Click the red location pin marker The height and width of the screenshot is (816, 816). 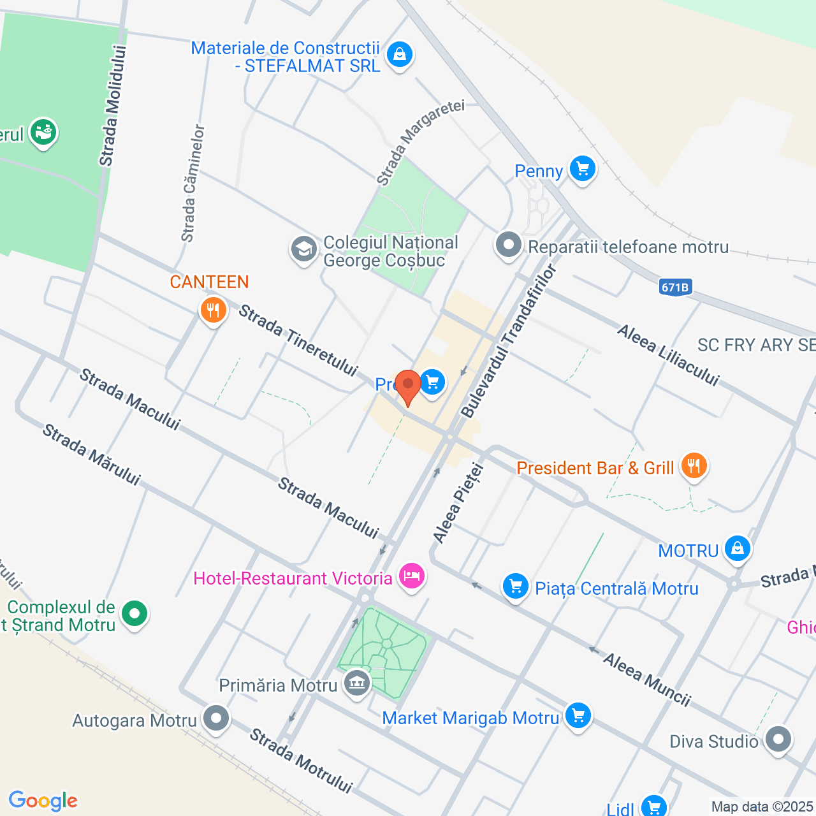point(407,386)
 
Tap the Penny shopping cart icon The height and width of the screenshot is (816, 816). point(582,170)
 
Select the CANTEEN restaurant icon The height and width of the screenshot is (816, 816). point(213,311)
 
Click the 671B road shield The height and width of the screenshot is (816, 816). point(674,288)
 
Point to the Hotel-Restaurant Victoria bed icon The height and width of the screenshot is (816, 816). point(411,577)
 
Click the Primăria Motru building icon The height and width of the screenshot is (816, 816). point(356,684)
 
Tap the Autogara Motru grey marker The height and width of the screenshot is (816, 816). point(216,718)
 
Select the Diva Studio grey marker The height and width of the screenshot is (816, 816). point(778,739)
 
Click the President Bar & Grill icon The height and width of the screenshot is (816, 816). point(694,466)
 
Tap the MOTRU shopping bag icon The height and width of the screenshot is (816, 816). point(738,549)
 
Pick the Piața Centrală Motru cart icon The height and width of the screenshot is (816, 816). point(516,586)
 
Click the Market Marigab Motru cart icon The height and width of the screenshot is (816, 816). point(578,716)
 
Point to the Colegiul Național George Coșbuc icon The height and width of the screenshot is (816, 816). point(304,249)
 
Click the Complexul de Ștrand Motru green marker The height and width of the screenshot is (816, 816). point(135,614)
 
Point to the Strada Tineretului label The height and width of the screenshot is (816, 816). point(298,340)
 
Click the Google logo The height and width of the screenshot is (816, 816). point(43,801)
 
